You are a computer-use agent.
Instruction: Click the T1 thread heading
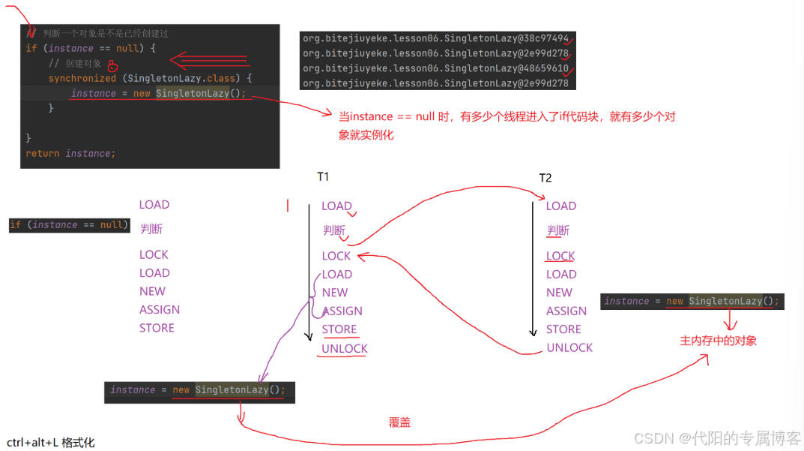pyautogui.click(x=323, y=177)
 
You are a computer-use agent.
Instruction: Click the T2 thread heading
pyautogui.click(x=545, y=178)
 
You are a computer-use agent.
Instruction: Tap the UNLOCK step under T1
pyautogui.click(x=345, y=348)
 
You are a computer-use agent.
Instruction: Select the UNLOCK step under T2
pyautogui.click(x=569, y=347)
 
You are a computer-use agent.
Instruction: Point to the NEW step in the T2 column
pyautogui.click(x=559, y=293)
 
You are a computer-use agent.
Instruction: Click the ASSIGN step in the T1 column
pyautogui.click(x=342, y=311)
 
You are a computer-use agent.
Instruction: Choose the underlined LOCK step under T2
pyautogui.click(x=560, y=256)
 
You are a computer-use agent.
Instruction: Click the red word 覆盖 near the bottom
pyautogui.click(x=399, y=422)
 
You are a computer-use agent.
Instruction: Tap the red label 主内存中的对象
pyautogui.click(x=718, y=341)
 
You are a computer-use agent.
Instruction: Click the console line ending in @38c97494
pyautogui.click(x=435, y=38)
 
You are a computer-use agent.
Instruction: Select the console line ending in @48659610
pyautogui.click(x=435, y=68)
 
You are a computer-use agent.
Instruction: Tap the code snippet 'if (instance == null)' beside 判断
pyautogui.click(x=69, y=225)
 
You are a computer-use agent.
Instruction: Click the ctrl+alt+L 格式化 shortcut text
pyautogui.click(x=51, y=443)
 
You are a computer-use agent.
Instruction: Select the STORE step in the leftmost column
pyautogui.click(x=157, y=328)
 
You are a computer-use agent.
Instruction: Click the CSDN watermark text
pyautogui.click(x=717, y=437)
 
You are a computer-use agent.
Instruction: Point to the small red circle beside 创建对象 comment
pyautogui.click(x=112, y=65)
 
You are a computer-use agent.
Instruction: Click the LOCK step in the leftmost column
pyautogui.click(x=154, y=254)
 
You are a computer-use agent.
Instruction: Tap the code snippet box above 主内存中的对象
pyautogui.click(x=692, y=302)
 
